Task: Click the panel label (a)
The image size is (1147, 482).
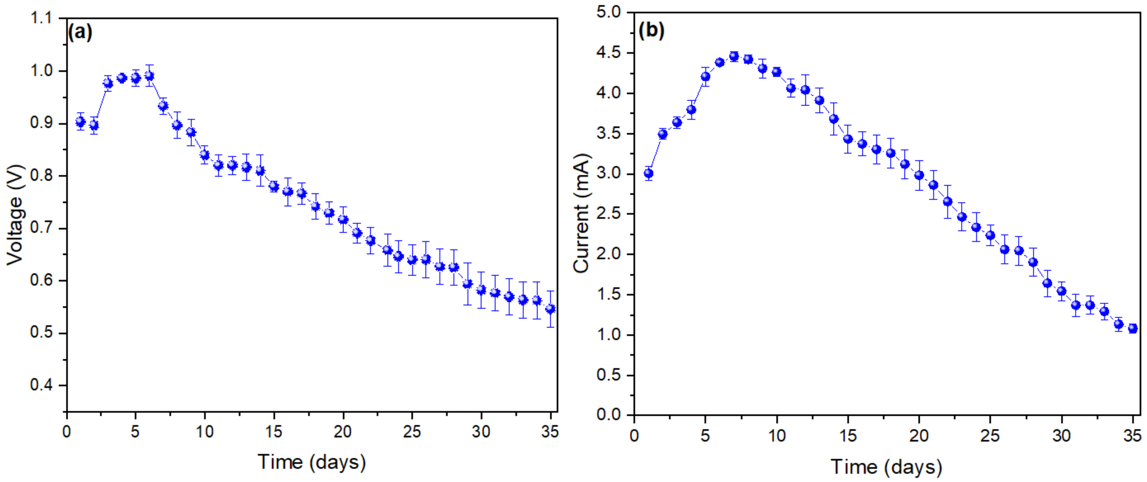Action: (80, 33)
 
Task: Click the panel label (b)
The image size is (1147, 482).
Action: (651, 30)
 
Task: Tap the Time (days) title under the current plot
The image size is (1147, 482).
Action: (886, 467)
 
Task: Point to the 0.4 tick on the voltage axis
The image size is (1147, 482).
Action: (41, 385)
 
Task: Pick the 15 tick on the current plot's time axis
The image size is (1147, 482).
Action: (848, 435)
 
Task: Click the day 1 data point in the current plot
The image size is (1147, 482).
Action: (649, 173)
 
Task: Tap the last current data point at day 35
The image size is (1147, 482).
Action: (1133, 328)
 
